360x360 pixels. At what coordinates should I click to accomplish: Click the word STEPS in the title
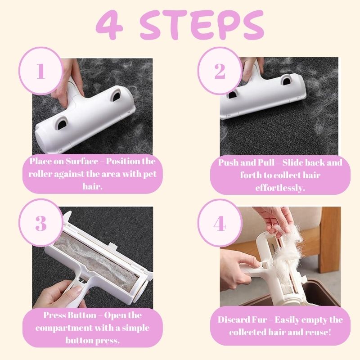pyautogui.click(x=202, y=25)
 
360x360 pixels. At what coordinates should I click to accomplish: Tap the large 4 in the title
pyautogui.click(x=110, y=25)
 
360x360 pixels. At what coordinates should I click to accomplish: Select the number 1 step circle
pyautogui.click(x=41, y=71)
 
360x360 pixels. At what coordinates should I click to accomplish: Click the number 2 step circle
pyautogui.click(x=220, y=71)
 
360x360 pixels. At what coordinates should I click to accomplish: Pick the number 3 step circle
pyautogui.click(x=41, y=223)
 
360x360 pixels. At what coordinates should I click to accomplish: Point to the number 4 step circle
pyautogui.click(x=220, y=223)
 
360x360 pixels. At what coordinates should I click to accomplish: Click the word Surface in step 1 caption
pyautogui.click(x=82, y=161)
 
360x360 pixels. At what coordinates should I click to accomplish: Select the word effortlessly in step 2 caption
pyautogui.click(x=280, y=188)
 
